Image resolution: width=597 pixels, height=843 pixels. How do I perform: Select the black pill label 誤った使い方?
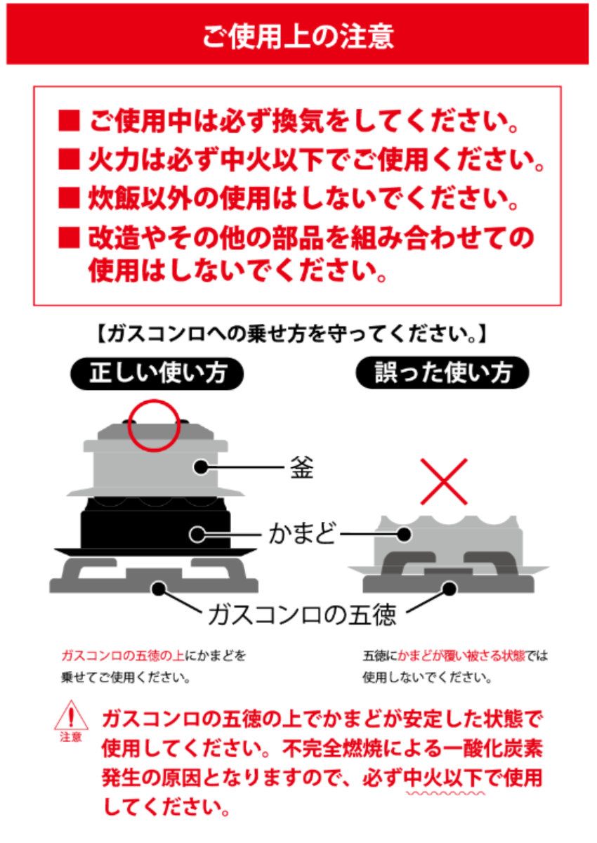(x=442, y=374)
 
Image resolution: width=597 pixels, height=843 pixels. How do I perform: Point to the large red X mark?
(x=443, y=481)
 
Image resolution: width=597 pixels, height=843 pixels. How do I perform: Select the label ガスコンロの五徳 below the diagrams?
(x=302, y=615)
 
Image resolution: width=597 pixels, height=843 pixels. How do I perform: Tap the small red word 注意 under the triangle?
(x=70, y=738)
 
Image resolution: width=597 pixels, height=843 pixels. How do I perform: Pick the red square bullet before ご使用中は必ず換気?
(x=70, y=124)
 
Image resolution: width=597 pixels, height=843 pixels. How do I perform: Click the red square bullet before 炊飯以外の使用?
(x=70, y=198)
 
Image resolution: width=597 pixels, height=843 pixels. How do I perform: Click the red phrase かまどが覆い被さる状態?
(x=464, y=656)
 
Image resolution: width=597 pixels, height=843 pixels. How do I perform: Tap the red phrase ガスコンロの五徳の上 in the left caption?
(x=124, y=656)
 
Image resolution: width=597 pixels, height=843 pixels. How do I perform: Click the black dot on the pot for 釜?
(x=202, y=466)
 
